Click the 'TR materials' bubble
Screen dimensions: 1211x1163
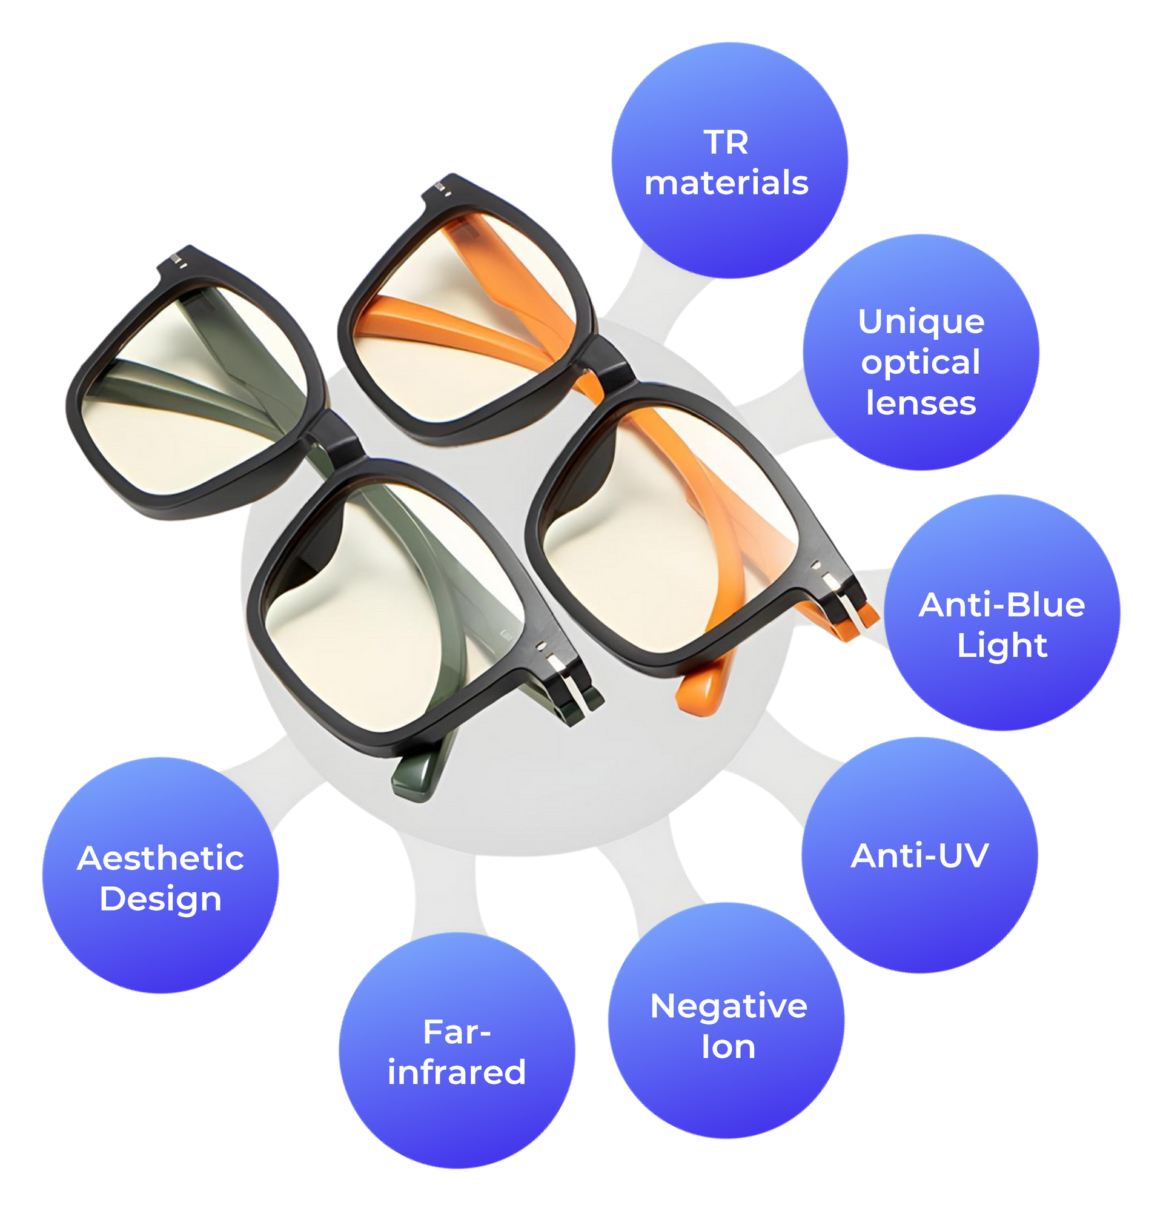click(x=729, y=161)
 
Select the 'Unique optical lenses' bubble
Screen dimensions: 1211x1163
click(x=920, y=352)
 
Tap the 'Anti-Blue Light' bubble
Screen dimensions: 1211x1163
click(x=1002, y=612)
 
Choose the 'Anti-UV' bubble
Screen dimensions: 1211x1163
click(x=919, y=856)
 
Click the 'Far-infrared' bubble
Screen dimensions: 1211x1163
click(x=457, y=1050)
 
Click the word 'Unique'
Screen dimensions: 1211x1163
click(x=921, y=322)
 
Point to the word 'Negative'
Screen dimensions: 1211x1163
click(x=729, y=1007)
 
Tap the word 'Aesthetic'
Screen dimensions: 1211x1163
click(x=161, y=859)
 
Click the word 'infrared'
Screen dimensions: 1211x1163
click(x=457, y=1072)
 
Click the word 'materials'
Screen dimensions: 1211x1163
click(x=726, y=184)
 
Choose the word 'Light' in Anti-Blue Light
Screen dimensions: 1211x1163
click(x=1002, y=646)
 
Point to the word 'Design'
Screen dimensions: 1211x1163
click(x=161, y=899)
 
